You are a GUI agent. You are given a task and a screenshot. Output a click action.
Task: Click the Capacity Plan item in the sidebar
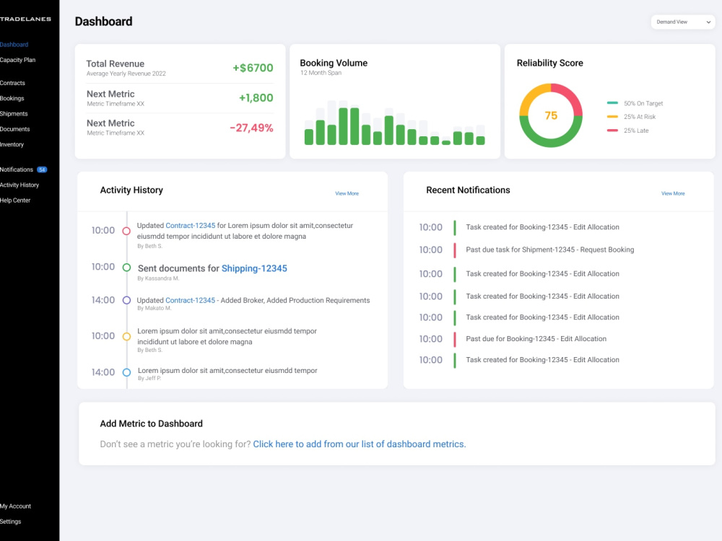(x=17, y=60)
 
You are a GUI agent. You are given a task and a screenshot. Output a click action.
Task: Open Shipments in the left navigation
(x=14, y=114)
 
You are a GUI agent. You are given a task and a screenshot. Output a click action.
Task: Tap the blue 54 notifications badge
(x=42, y=170)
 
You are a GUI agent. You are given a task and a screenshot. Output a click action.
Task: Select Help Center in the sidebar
(x=15, y=200)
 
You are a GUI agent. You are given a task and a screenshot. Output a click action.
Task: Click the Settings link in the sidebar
(x=11, y=522)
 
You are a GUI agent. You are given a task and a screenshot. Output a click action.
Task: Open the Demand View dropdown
(x=683, y=22)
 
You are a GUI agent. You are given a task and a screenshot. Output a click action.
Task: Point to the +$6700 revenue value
(x=253, y=68)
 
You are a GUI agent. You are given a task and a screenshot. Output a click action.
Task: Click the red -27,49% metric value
(x=251, y=128)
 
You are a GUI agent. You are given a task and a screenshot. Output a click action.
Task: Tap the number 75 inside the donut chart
(x=551, y=115)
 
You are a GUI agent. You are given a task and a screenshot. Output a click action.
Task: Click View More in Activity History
(x=347, y=193)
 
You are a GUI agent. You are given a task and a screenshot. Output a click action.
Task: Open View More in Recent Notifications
(x=673, y=193)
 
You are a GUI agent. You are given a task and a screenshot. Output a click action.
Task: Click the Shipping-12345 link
(x=254, y=268)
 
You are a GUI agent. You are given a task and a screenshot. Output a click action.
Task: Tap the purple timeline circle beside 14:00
(x=126, y=300)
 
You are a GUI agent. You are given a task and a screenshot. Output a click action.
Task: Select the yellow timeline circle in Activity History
(x=126, y=336)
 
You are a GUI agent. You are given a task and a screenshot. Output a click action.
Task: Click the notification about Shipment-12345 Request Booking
(x=549, y=250)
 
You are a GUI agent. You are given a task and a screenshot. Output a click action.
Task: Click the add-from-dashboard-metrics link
(x=359, y=444)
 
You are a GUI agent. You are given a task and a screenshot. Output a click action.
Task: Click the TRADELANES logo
(x=25, y=19)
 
